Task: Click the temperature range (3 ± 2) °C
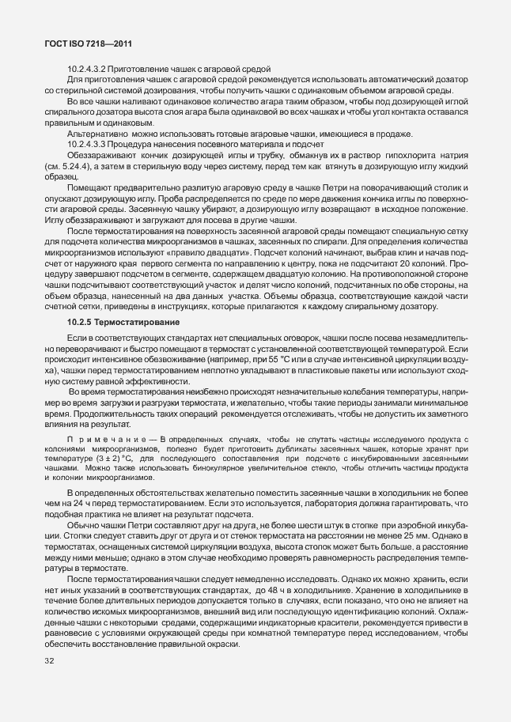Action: coord(116,458)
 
